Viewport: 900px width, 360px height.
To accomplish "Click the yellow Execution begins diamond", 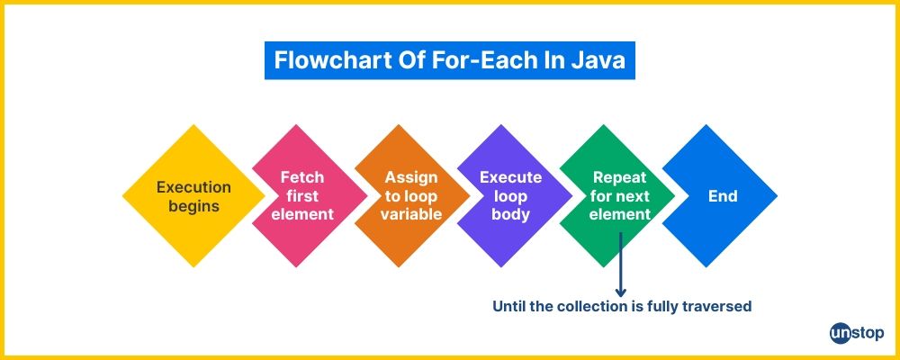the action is click(194, 196).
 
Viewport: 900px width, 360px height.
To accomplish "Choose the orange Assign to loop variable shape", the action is click(412, 196).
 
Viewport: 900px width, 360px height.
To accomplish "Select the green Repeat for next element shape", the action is click(617, 196).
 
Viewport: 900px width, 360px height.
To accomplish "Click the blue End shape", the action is click(720, 196).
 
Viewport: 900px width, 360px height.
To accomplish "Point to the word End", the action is click(723, 196).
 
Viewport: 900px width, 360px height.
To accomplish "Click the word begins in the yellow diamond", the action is click(194, 206).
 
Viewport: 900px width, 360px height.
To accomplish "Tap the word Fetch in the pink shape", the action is click(302, 177).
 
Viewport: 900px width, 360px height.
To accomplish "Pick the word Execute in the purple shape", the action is click(511, 177).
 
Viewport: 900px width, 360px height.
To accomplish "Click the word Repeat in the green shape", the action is click(620, 177).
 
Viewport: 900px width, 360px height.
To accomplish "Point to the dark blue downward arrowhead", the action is click(620, 292).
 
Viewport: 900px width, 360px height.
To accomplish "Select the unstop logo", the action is click(857, 334).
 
